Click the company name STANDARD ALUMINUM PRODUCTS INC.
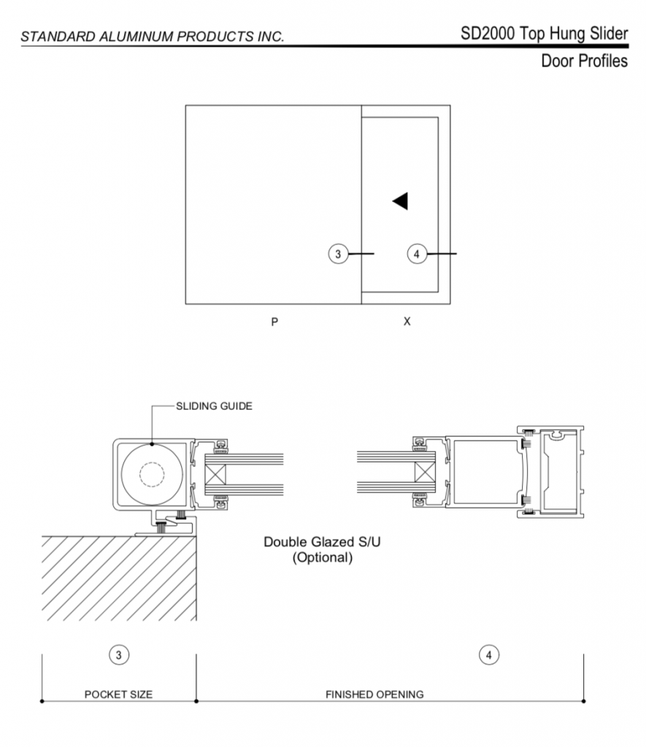tap(153, 36)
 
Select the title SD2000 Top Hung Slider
tap(544, 34)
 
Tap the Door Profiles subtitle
tap(584, 61)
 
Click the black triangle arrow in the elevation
tap(401, 201)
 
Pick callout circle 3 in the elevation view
tap(338, 253)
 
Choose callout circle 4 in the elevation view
tap(417, 253)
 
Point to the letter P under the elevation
tap(274, 322)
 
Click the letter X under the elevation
tap(407, 322)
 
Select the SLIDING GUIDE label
tap(214, 406)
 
